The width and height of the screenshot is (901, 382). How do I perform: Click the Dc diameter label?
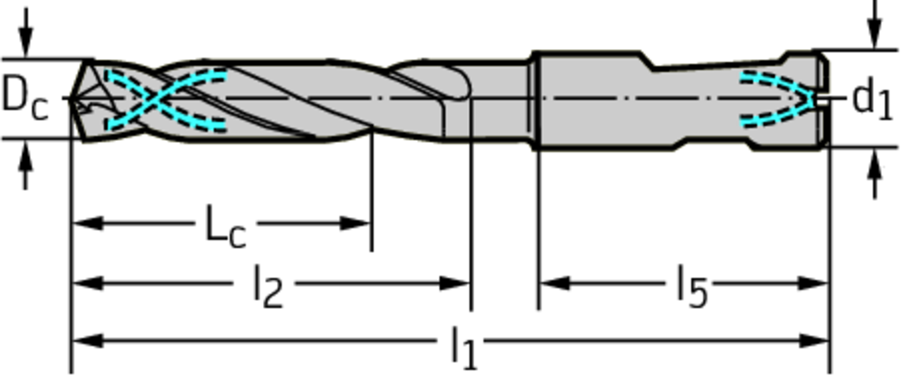[25, 98]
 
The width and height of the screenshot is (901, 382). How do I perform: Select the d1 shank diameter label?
[872, 99]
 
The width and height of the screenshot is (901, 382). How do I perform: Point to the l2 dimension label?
[267, 286]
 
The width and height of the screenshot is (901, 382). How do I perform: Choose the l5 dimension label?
[692, 286]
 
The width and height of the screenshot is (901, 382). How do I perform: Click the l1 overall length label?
[463, 347]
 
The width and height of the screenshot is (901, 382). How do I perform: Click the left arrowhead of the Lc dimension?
[87, 223]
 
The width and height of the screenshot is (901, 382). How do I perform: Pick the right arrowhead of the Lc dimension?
[355, 223]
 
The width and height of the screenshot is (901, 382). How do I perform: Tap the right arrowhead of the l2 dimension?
[455, 283]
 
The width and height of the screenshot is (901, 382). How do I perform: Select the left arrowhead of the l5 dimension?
[555, 283]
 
